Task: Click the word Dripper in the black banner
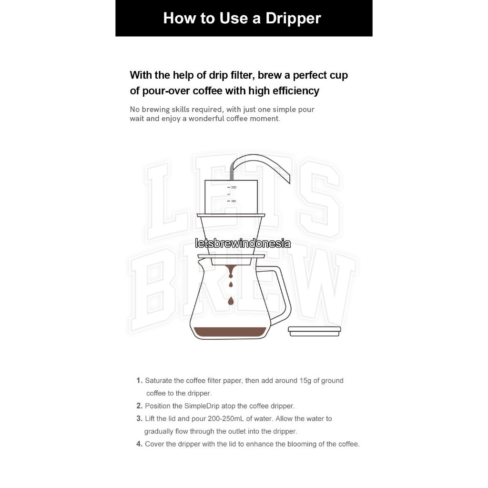click(x=293, y=19)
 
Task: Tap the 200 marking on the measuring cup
click(x=234, y=187)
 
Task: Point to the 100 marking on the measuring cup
click(x=234, y=201)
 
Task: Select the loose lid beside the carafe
click(x=315, y=332)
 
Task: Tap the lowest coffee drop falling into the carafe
click(x=231, y=301)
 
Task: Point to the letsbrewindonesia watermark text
click(x=243, y=244)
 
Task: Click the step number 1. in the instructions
click(x=140, y=380)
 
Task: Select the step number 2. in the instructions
click(x=140, y=406)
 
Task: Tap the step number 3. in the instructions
click(x=140, y=418)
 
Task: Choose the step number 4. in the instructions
click(x=140, y=444)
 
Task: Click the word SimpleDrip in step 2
click(x=202, y=406)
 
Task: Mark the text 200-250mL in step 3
click(x=226, y=418)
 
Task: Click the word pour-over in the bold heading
click(x=166, y=91)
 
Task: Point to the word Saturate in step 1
click(x=158, y=381)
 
